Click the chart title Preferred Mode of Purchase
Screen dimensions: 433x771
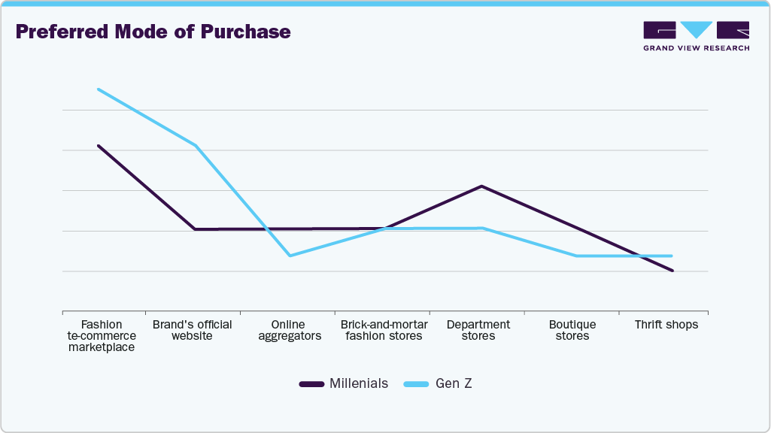tap(153, 32)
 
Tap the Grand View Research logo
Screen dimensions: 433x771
tap(696, 36)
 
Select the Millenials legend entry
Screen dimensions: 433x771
tap(344, 383)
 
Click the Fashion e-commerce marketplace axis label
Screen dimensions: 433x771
tap(102, 336)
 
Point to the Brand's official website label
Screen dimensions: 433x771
tap(192, 330)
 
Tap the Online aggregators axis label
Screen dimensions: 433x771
tap(290, 330)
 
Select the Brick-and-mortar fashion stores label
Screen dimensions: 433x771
tap(384, 330)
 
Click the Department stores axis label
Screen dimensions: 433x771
tap(478, 330)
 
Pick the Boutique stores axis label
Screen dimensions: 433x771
tap(572, 330)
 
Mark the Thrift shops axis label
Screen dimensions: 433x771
tap(666, 325)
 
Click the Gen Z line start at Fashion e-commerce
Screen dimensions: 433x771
tap(98, 89)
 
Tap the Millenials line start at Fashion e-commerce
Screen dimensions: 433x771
tap(98, 145)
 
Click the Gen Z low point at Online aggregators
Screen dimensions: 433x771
tap(290, 256)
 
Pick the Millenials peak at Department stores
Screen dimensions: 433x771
tap(481, 186)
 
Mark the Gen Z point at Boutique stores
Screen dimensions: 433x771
tap(576, 256)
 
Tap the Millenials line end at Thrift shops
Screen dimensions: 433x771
tap(672, 271)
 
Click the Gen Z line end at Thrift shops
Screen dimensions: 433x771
tap(672, 256)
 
